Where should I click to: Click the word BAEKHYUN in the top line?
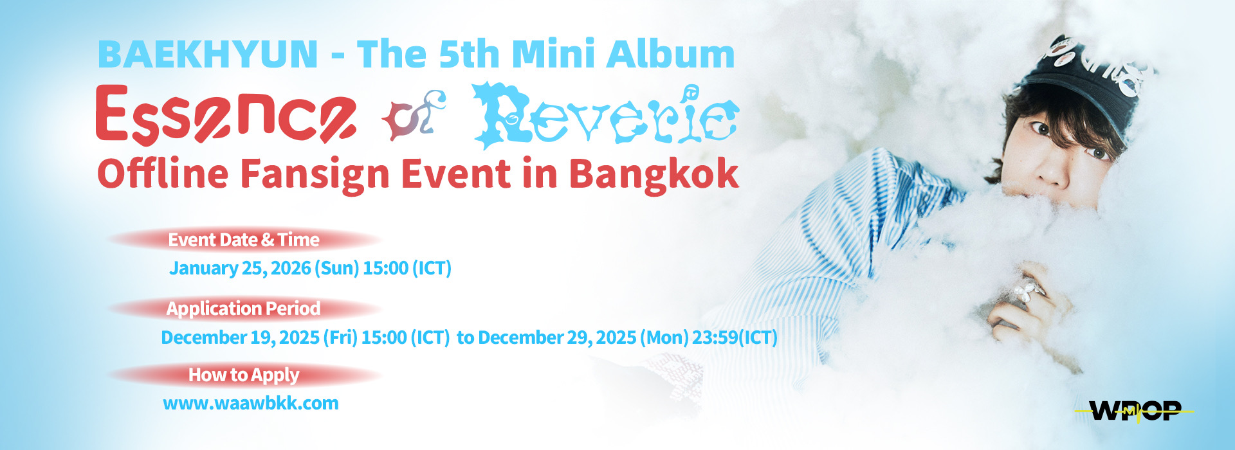208,54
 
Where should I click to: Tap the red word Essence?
226,116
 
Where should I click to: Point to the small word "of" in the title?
414,115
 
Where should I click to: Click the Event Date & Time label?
244,240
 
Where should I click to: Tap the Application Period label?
243,309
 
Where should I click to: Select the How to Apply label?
244,375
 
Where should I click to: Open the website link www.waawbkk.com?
251,404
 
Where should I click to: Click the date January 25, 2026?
240,268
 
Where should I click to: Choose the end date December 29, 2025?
557,337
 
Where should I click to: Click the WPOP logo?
1135,411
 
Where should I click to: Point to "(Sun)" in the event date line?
336,268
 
